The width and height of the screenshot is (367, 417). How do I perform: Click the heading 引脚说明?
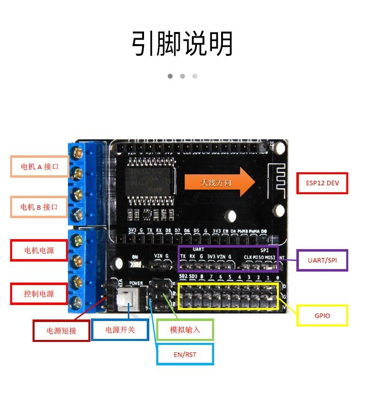(x=182, y=44)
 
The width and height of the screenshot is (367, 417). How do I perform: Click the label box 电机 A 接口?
(x=39, y=166)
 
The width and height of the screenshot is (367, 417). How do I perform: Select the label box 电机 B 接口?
(x=39, y=207)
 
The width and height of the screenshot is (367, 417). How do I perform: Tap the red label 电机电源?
(x=39, y=250)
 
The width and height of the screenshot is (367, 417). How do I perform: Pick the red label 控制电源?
(x=39, y=294)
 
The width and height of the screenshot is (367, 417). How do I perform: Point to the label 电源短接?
(x=61, y=331)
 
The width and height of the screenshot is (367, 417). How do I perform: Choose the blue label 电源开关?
(x=120, y=330)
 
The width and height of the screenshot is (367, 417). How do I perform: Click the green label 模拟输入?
(x=184, y=330)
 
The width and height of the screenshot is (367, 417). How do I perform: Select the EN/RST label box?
(x=185, y=354)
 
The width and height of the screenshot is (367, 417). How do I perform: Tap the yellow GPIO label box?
(x=322, y=316)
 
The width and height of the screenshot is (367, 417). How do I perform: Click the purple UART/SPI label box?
(x=322, y=260)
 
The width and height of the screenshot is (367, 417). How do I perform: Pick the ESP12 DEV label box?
(x=322, y=183)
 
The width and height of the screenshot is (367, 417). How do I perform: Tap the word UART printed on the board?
(x=198, y=250)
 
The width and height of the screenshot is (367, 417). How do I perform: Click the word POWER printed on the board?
(x=136, y=283)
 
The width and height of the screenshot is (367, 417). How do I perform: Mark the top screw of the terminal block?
(x=76, y=152)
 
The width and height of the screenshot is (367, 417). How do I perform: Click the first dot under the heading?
(x=170, y=76)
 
